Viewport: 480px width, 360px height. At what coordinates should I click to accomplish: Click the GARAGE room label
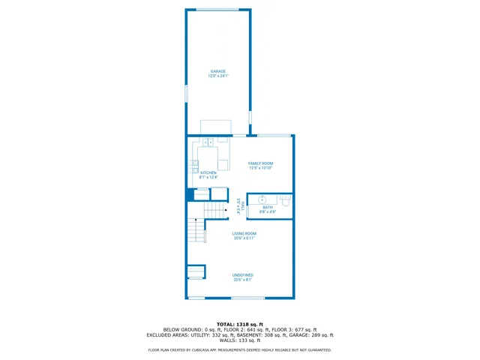point(218,71)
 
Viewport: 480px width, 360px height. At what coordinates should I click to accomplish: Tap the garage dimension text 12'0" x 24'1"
point(218,76)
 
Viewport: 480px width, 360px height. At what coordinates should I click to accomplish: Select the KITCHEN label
point(208,172)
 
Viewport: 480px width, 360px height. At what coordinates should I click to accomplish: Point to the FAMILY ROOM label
point(261,163)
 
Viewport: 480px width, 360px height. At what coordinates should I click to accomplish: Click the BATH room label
point(268,207)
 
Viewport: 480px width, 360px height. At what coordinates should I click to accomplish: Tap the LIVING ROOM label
point(244,233)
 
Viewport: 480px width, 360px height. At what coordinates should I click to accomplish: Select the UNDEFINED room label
point(243,275)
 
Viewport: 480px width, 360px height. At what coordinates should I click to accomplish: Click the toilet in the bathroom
point(286,200)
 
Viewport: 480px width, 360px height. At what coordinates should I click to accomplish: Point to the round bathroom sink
point(262,200)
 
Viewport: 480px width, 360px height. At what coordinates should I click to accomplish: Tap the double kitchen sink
point(208,141)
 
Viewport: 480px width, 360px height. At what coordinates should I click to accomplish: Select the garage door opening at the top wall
point(217,9)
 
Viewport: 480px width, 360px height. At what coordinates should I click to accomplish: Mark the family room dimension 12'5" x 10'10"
point(261,168)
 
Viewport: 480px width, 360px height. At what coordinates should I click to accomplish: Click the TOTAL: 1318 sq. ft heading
point(239,324)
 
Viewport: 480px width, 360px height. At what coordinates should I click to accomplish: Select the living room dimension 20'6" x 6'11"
point(244,238)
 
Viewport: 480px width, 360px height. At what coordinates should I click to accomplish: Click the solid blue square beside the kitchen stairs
point(190,194)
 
